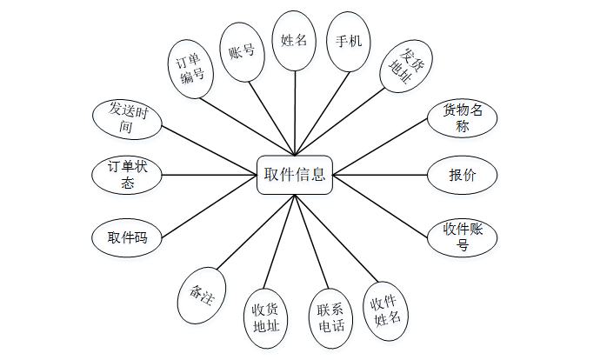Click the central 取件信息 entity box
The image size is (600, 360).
[x=295, y=175]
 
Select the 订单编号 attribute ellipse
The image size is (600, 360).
[x=190, y=68]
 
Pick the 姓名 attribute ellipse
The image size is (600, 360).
[x=294, y=41]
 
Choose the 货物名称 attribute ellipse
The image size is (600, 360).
[x=462, y=118]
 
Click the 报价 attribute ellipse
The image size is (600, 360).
[x=462, y=175]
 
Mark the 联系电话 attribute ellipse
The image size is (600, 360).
[x=330, y=317]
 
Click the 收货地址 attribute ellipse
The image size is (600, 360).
[x=265, y=318]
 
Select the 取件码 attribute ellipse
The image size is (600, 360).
[x=127, y=237]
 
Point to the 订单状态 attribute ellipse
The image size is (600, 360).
[x=127, y=175]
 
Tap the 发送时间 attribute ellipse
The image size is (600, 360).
[x=127, y=119]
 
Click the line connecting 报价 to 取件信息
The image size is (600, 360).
[x=379, y=175]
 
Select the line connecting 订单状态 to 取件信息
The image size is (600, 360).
[x=209, y=175]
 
